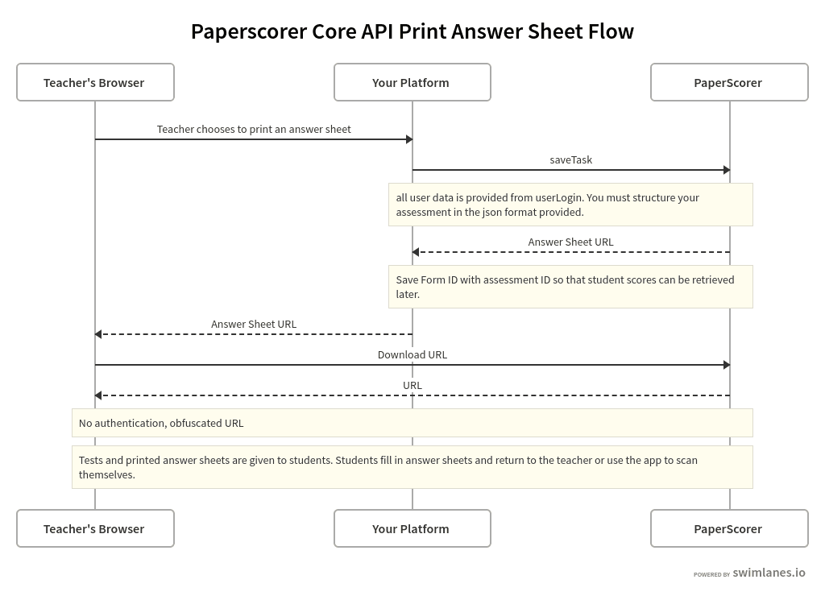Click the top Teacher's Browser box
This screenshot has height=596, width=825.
[x=95, y=82]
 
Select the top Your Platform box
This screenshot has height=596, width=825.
[x=412, y=82]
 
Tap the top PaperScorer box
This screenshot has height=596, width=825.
[x=728, y=82]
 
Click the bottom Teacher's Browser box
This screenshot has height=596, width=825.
[x=95, y=528]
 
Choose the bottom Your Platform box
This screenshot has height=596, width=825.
[x=412, y=528]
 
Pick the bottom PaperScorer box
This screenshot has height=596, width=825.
[x=728, y=528]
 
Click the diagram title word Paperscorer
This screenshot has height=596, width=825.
[x=248, y=31]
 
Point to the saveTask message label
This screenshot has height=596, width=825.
[x=570, y=159]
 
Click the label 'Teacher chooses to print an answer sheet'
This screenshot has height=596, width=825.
[x=254, y=129]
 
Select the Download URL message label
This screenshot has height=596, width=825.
[x=412, y=354]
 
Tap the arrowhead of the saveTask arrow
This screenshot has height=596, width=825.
[x=726, y=170]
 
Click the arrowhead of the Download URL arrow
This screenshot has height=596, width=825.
[x=726, y=365]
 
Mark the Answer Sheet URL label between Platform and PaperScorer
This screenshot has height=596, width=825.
[x=570, y=242]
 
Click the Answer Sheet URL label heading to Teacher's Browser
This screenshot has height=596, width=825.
[x=254, y=324]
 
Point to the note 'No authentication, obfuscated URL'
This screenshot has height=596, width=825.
[x=412, y=423]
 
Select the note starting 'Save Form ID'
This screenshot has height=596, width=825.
[x=570, y=287]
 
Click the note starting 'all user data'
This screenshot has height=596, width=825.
[x=570, y=205]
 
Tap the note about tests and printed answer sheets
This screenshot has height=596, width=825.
[x=412, y=467]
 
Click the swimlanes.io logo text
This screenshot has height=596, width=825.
[x=768, y=573]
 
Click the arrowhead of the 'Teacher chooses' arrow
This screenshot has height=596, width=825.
[x=409, y=139]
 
